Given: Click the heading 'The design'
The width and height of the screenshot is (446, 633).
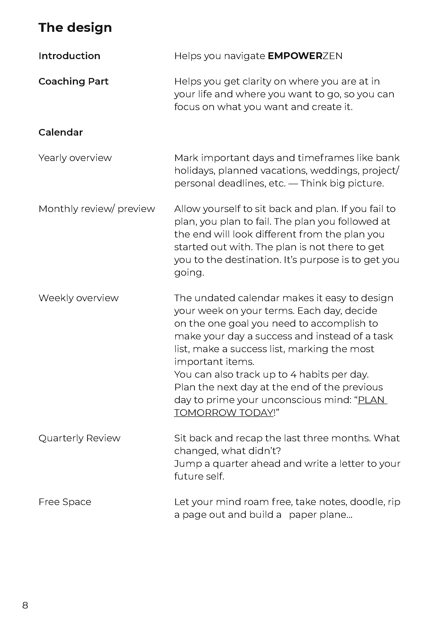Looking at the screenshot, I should click(x=75, y=28).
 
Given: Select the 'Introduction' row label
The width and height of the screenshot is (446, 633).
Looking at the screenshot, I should click(x=69, y=56).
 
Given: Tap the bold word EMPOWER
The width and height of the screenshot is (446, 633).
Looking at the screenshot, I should click(x=295, y=56).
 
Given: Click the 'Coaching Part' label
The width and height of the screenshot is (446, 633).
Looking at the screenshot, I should click(x=73, y=81).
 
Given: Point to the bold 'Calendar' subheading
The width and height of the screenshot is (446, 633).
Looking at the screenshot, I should click(x=60, y=132).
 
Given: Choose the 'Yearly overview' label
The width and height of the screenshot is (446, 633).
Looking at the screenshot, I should click(x=75, y=158).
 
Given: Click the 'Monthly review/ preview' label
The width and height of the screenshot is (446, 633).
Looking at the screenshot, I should click(x=97, y=209).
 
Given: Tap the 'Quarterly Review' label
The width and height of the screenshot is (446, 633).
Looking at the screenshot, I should click(x=79, y=438).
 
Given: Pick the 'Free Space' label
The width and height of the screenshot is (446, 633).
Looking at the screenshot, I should click(x=64, y=502).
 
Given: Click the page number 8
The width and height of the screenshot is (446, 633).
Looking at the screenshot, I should click(x=25, y=605).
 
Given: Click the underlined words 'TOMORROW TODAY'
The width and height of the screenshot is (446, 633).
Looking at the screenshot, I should click(x=224, y=413).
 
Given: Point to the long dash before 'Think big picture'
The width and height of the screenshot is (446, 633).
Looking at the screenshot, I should click(x=293, y=183).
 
